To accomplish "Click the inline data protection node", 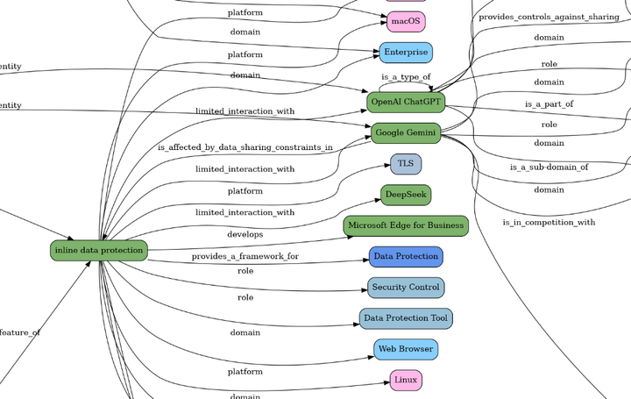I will [98, 251].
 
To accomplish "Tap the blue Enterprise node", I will [406, 53].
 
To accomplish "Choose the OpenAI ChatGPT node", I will [406, 103].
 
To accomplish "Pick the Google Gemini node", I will [406, 133].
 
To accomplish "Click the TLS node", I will [406, 164].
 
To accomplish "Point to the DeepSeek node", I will [406, 195].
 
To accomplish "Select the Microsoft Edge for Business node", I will [406, 225].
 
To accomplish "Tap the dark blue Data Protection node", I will [406, 257].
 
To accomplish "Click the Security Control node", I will [406, 288].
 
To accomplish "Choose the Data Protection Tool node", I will [406, 318].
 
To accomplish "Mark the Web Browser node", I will [406, 349].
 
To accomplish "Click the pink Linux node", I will [406, 380].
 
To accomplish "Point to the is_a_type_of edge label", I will [406, 77].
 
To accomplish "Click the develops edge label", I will [245, 235].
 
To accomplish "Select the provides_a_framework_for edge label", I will [245, 257].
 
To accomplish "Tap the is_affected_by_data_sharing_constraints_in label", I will [245, 148].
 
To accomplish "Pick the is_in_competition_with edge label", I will [549, 223].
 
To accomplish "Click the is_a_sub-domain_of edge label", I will [549, 167].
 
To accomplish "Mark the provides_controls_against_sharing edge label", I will [549, 17].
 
